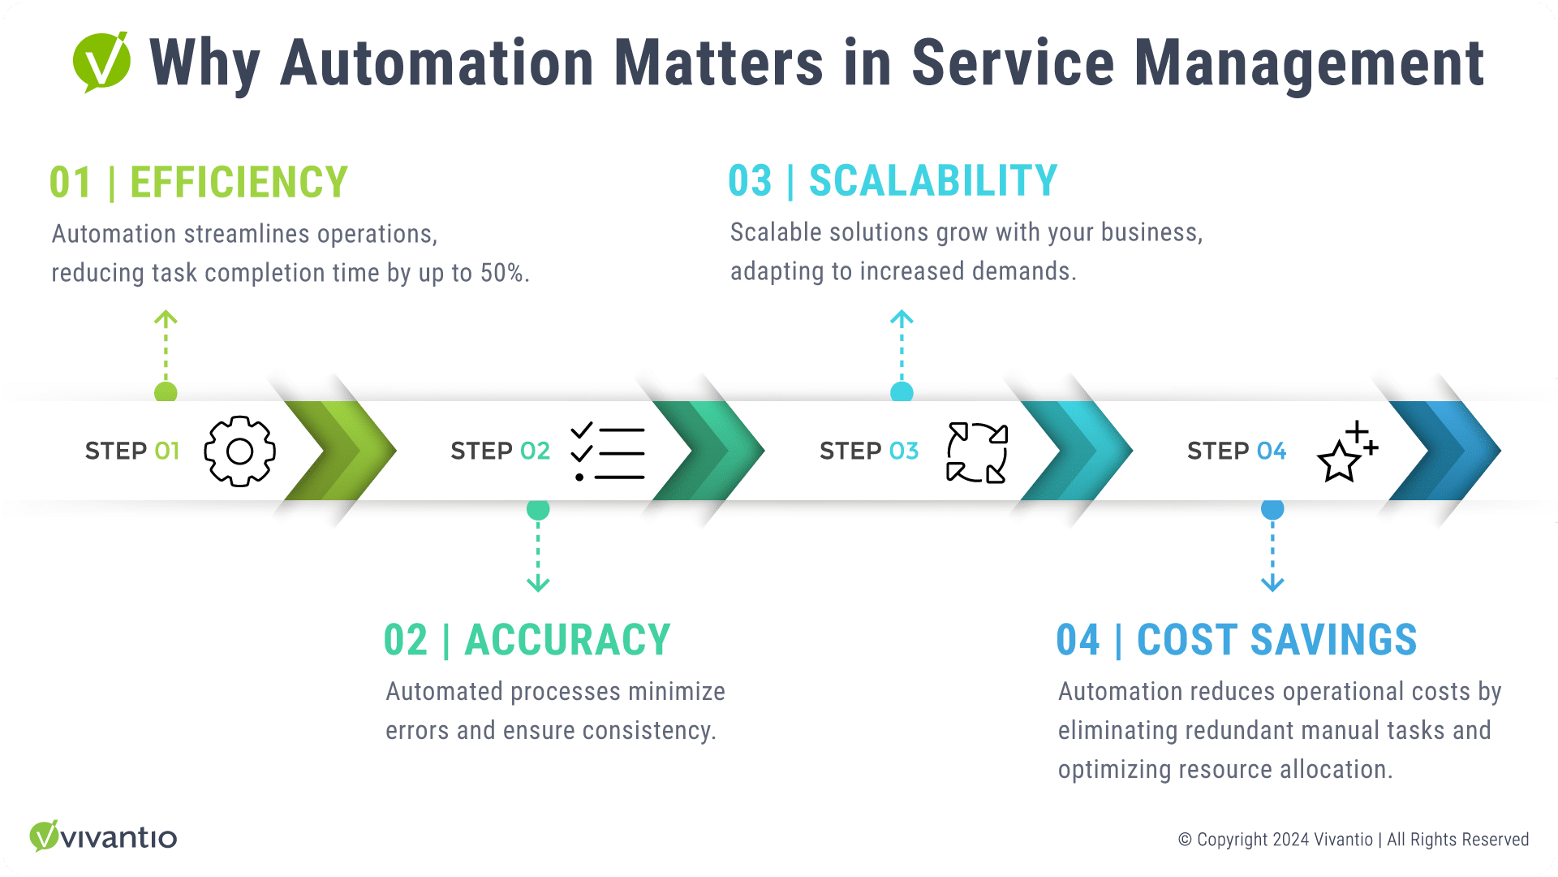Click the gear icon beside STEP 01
tap(239, 451)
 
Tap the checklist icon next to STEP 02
tap(608, 452)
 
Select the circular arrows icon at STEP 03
tap(977, 452)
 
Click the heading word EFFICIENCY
tap(239, 183)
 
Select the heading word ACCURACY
tap(567, 641)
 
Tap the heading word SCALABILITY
tap(933, 181)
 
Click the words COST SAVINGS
tap(1276, 641)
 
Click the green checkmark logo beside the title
tap(102, 62)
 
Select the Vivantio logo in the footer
tap(103, 836)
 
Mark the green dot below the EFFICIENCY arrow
tap(166, 393)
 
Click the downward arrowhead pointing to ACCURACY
tap(538, 584)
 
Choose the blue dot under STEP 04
tap(1272, 510)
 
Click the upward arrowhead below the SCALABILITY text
tap(902, 318)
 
